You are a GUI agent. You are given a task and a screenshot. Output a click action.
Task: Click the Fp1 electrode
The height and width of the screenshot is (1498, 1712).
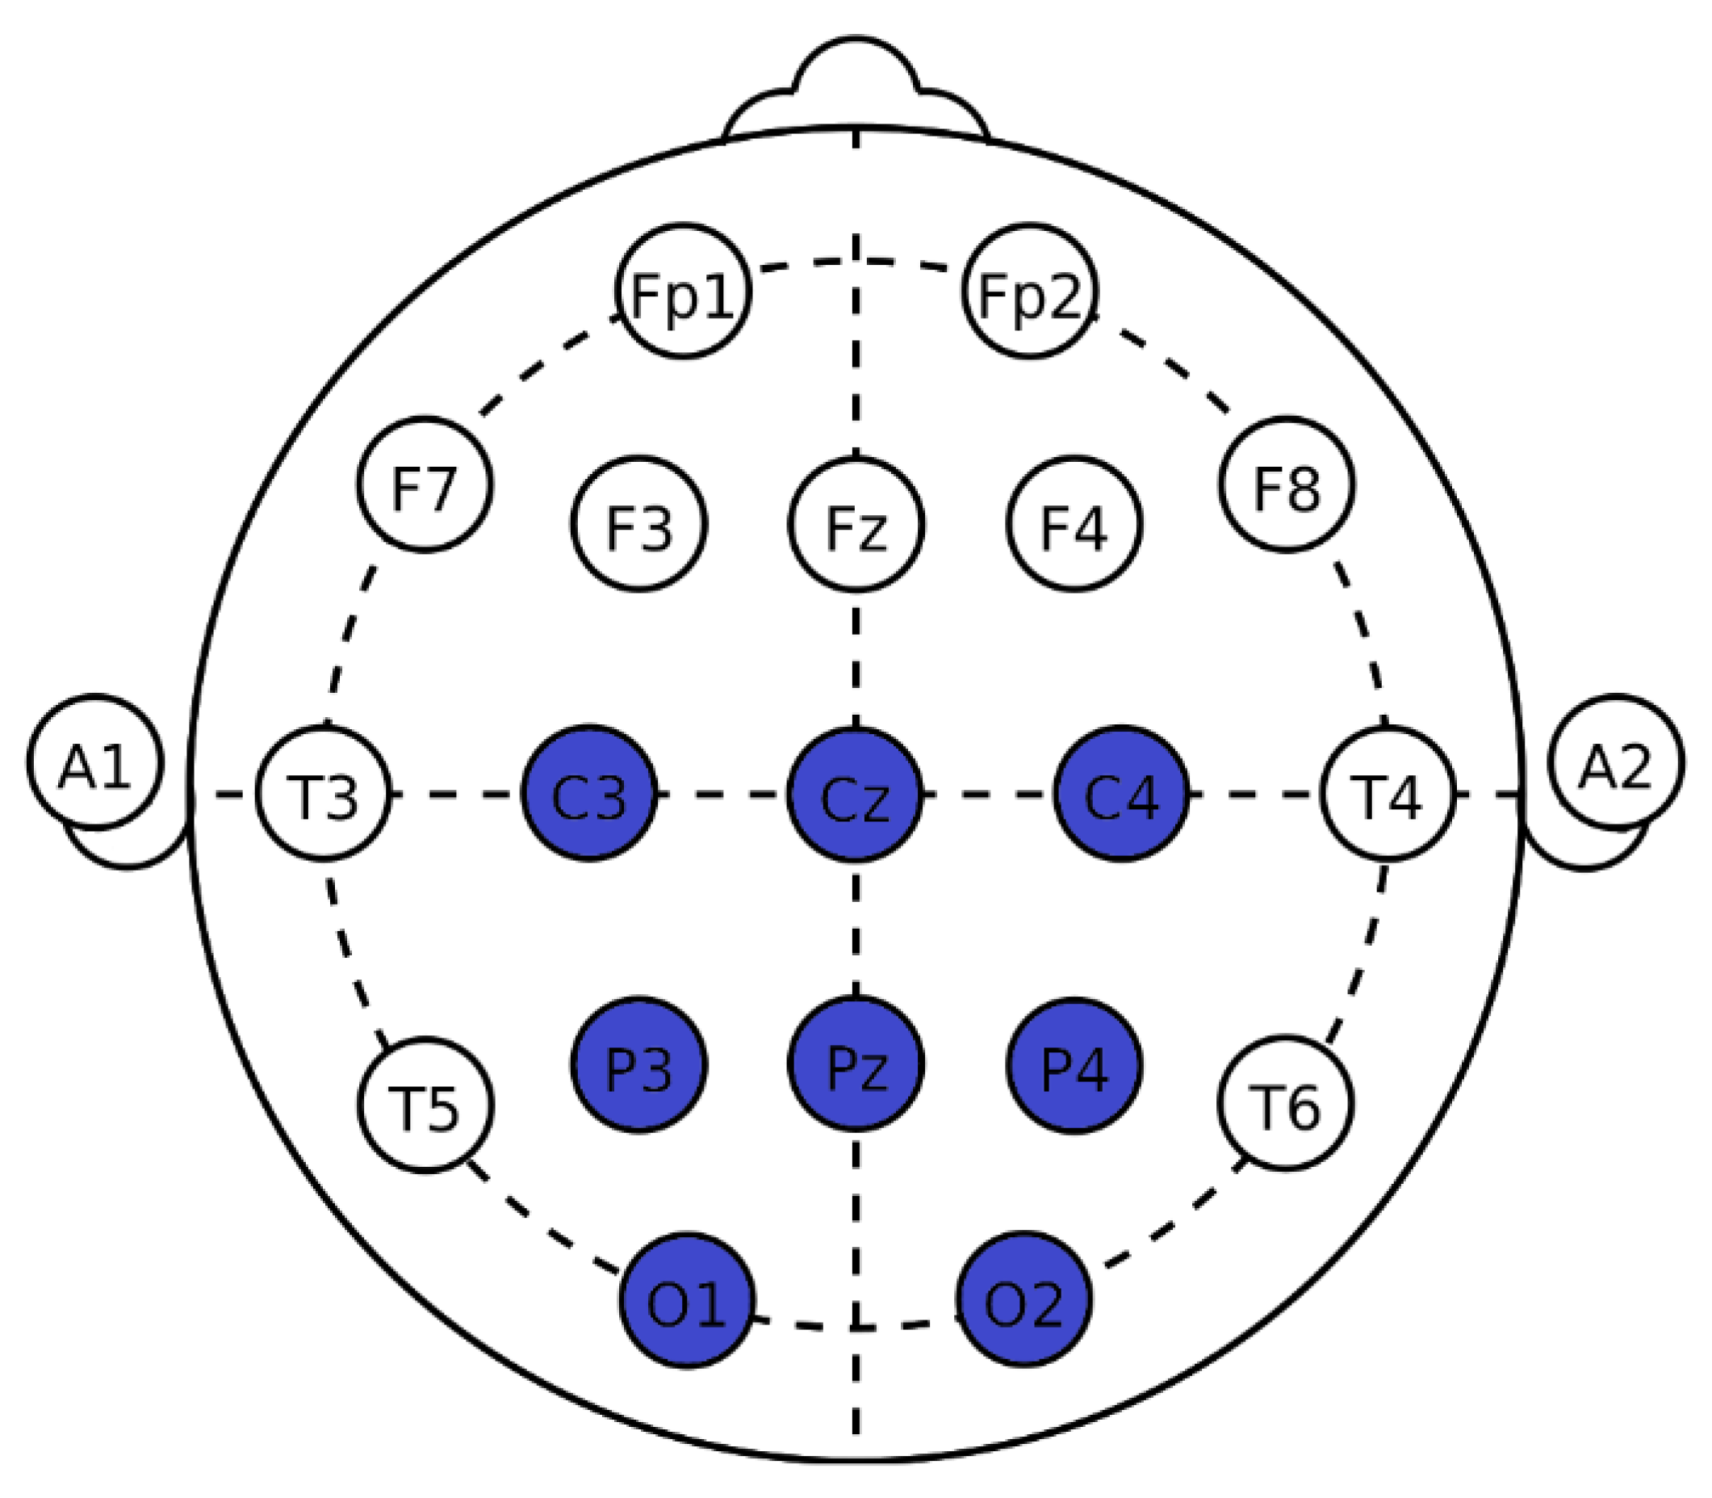683,292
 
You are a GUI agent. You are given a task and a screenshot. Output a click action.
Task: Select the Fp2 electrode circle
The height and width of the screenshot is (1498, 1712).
1029,292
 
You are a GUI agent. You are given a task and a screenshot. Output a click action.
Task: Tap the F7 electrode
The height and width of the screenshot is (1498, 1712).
425,485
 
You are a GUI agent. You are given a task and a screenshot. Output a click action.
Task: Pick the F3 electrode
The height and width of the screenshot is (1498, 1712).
639,524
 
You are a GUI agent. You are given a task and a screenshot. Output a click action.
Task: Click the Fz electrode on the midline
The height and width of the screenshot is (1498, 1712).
856,524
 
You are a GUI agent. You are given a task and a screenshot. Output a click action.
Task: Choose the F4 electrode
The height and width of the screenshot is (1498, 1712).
1074,524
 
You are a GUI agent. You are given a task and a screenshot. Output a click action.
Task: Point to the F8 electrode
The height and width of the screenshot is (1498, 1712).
1287,485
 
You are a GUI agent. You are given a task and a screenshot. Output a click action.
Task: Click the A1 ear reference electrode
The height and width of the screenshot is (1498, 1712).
95,762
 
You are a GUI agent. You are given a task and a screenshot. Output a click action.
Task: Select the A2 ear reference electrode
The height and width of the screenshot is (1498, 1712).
1616,762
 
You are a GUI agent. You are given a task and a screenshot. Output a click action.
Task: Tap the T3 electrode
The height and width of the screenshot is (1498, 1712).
324,794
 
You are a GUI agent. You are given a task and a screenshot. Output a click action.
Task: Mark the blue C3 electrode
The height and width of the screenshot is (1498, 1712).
589,794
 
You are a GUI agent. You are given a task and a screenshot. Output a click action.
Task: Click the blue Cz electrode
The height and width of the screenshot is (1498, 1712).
855,794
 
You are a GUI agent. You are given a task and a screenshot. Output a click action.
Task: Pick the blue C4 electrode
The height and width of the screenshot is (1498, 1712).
1121,794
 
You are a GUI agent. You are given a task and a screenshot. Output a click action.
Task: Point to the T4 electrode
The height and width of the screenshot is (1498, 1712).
1388,794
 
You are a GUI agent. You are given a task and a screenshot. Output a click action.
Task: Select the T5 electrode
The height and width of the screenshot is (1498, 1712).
426,1105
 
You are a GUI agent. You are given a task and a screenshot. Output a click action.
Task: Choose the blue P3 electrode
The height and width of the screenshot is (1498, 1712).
639,1065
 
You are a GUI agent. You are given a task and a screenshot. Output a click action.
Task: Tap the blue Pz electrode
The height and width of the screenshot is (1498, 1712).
856,1065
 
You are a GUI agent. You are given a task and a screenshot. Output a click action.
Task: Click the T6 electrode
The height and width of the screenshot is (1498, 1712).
1285,1103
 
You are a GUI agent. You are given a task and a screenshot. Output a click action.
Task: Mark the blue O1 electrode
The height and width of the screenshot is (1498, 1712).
687,1301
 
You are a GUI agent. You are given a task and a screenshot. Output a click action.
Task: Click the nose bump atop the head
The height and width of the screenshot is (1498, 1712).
856,84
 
